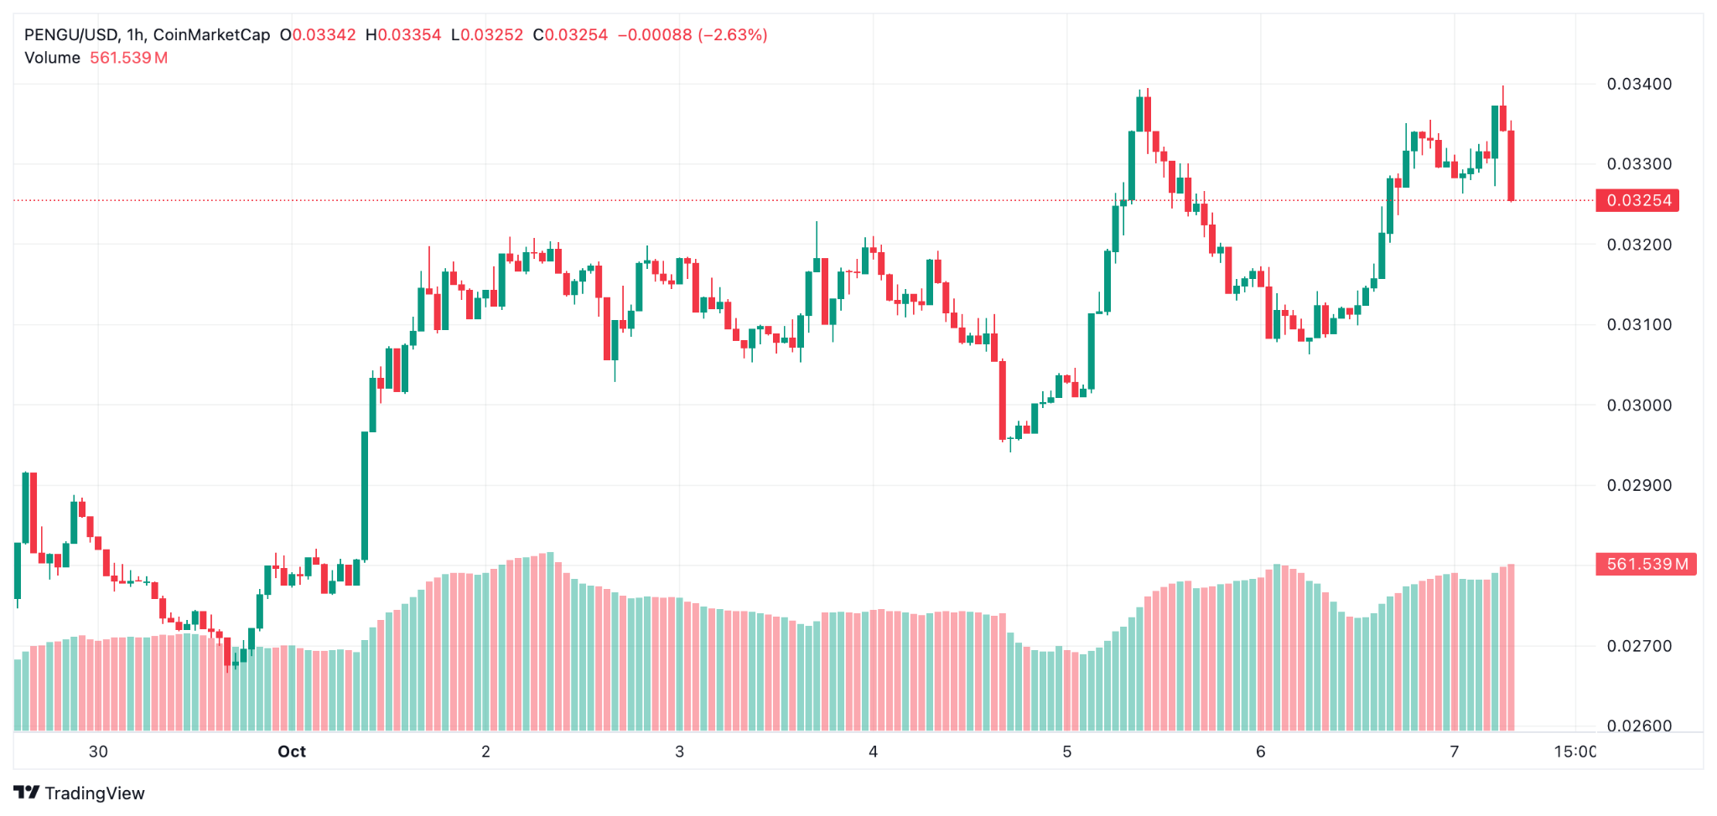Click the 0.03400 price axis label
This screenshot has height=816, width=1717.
pyautogui.click(x=1639, y=84)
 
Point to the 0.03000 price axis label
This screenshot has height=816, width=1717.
pyautogui.click(x=1639, y=405)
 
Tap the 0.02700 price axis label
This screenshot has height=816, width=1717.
pyautogui.click(x=1639, y=646)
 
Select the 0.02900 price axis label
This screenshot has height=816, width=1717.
pyautogui.click(x=1639, y=485)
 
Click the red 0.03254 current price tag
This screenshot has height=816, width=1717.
pyautogui.click(x=1637, y=200)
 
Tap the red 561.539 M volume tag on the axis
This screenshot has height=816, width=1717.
pyautogui.click(x=1646, y=564)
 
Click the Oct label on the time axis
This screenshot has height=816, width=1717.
pyautogui.click(x=292, y=751)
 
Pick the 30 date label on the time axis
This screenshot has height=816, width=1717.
pyautogui.click(x=98, y=751)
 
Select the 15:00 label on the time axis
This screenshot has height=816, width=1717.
pyautogui.click(x=1574, y=751)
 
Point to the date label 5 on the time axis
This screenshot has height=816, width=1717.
pyautogui.click(x=1066, y=751)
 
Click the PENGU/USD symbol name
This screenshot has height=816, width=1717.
pyautogui.click(x=70, y=35)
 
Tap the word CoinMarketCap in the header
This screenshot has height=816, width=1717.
pyautogui.click(x=211, y=35)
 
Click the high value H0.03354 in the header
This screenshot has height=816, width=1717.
pyautogui.click(x=403, y=35)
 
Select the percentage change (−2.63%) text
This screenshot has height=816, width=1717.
pyautogui.click(x=733, y=35)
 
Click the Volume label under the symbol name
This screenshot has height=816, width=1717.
pyautogui.click(x=52, y=58)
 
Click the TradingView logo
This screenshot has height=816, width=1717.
pyautogui.click(x=80, y=793)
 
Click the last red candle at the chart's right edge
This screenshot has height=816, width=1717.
pyautogui.click(x=1511, y=165)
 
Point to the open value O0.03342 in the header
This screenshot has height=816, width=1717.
pyautogui.click(x=318, y=35)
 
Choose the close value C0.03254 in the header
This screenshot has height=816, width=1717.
pyautogui.click(x=570, y=35)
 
